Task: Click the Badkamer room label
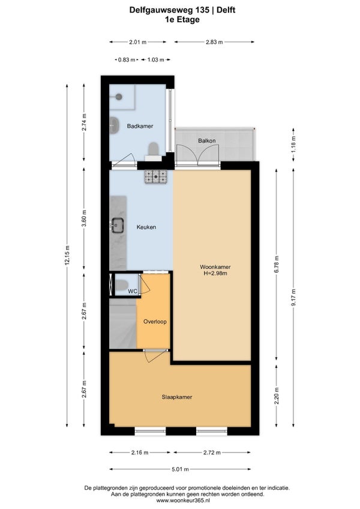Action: [x=140, y=126]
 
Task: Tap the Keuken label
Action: [x=146, y=227]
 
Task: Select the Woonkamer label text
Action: [x=215, y=267]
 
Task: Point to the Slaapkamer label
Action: [x=177, y=397]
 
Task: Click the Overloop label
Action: [x=155, y=322]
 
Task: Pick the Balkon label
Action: [x=207, y=140]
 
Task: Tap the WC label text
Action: [x=133, y=291]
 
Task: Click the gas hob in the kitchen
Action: [x=156, y=177]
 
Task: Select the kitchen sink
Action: [x=117, y=225]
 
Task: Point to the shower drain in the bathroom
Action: [x=119, y=97]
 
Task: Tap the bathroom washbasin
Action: [x=114, y=123]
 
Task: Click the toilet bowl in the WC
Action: [x=122, y=285]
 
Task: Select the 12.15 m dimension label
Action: [x=67, y=255]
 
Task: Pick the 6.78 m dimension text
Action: [x=277, y=264]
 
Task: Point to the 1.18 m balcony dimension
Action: [x=293, y=145]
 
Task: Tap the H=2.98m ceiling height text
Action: [x=215, y=273]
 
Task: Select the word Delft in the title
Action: [x=226, y=10]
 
